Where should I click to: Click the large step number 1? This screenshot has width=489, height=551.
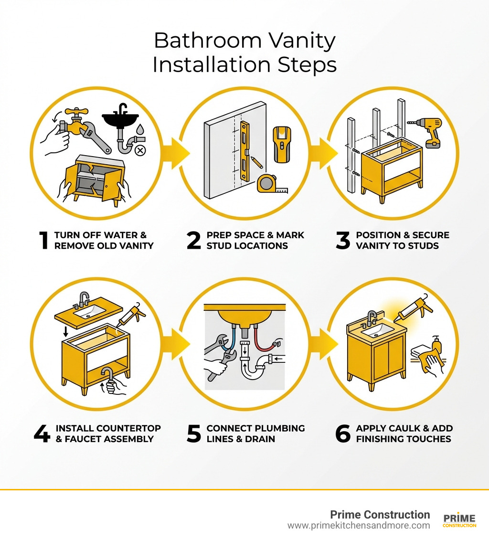pos(44,241)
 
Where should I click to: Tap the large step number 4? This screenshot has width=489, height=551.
pos(42,434)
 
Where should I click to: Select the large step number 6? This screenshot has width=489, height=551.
pos(343,434)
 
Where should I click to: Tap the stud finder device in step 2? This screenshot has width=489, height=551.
pos(282,145)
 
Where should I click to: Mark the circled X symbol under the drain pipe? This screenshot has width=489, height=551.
pos(140,151)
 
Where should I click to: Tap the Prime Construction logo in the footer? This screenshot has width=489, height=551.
pos(459,520)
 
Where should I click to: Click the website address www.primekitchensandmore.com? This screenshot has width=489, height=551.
pos(358,526)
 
